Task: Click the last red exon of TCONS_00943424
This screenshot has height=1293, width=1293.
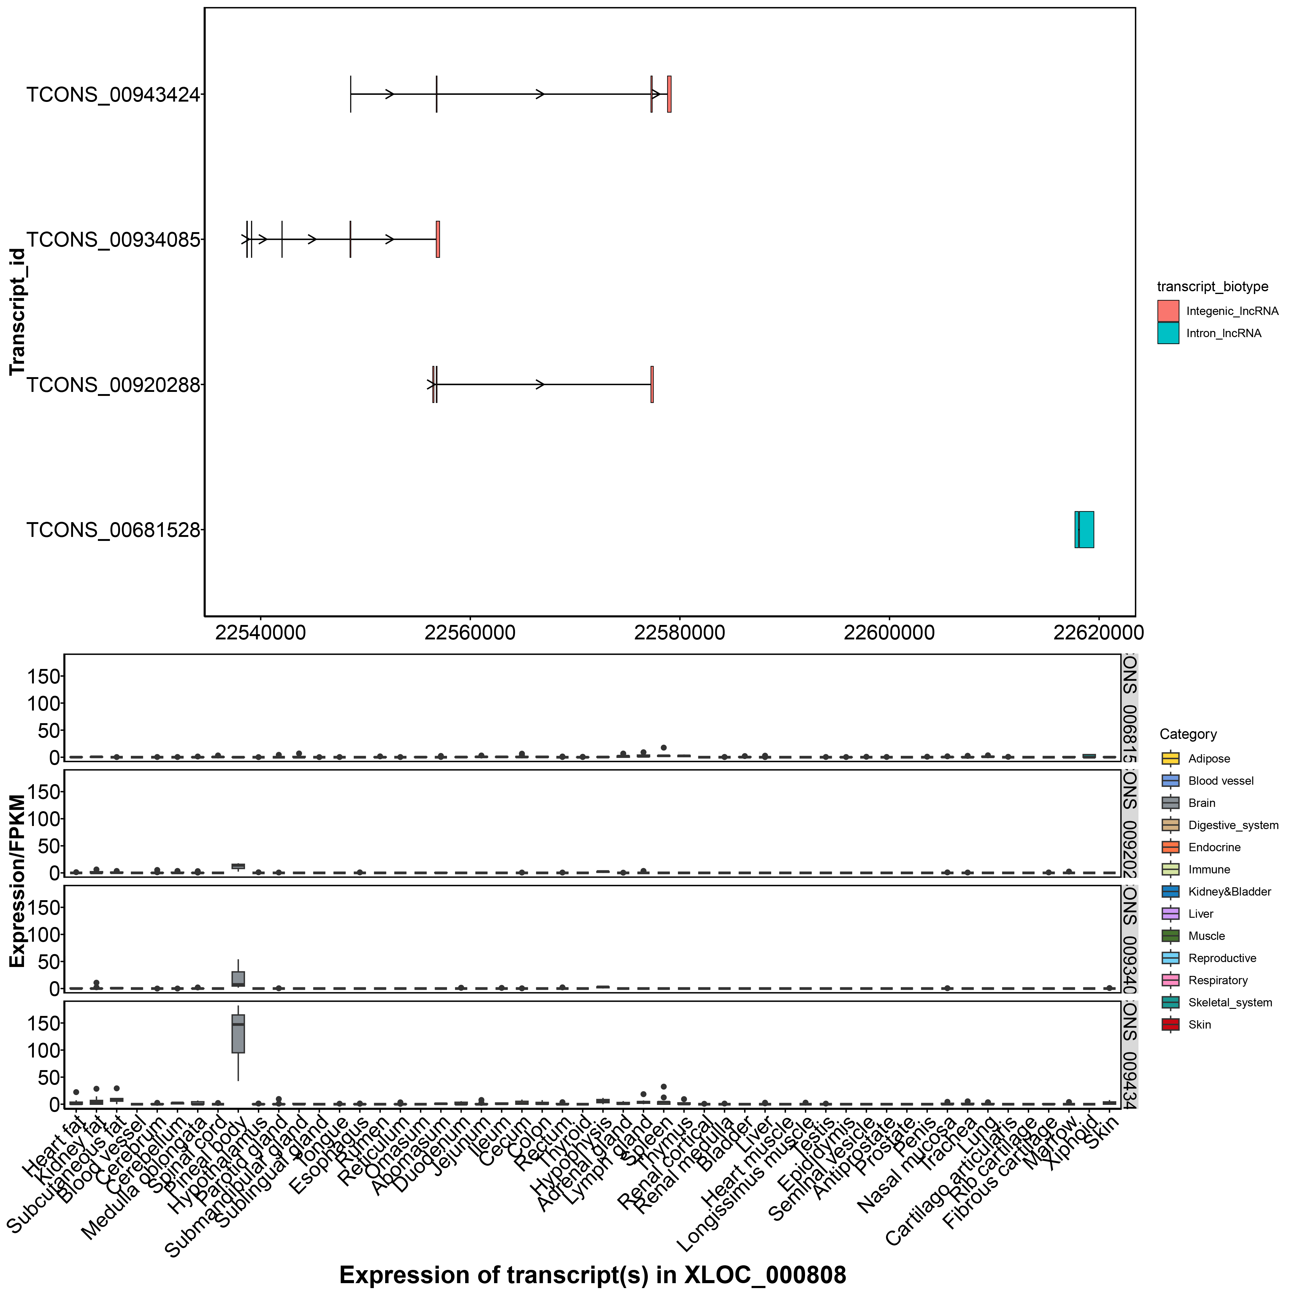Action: click(x=669, y=95)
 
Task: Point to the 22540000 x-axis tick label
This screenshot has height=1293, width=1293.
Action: click(x=261, y=632)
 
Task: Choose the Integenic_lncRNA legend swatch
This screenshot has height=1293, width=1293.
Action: click(x=1168, y=311)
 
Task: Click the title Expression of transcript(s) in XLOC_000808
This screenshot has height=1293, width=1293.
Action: click(x=592, y=1275)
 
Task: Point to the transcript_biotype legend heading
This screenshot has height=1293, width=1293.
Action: click(x=1213, y=286)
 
